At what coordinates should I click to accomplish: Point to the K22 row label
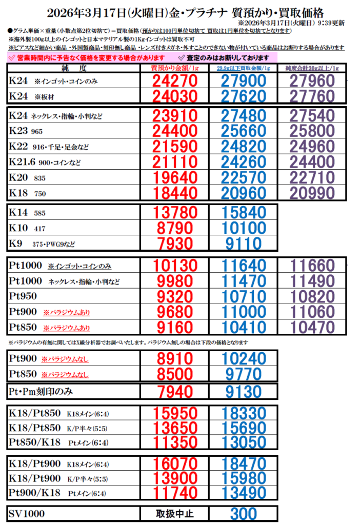coord(49,147)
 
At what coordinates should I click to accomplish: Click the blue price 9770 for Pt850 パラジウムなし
coord(244,374)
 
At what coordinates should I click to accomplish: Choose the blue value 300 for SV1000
coord(244,513)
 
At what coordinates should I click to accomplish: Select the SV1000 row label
coord(27,514)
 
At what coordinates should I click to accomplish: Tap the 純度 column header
coord(73,68)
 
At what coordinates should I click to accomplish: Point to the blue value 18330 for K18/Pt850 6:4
coord(244,413)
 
